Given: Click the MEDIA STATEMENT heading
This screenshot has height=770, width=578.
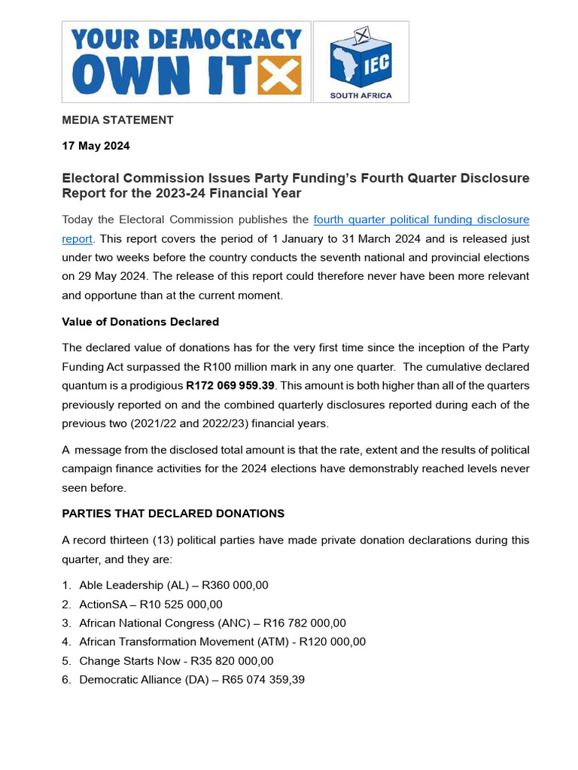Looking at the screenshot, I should [x=117, y=120].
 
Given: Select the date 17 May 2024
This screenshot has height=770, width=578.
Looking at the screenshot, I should [x=96, y=146].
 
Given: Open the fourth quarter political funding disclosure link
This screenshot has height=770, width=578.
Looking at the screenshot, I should [x=421, y=220].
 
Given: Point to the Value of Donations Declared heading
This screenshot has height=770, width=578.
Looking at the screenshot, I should [x=140, y=322].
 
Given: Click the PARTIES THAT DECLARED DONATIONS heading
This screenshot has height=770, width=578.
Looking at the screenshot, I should [x=173, y=514].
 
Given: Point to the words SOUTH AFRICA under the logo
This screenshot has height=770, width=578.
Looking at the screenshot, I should [x=361, y=95].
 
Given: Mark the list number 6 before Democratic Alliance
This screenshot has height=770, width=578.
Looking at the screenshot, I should [x=66, y=680].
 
